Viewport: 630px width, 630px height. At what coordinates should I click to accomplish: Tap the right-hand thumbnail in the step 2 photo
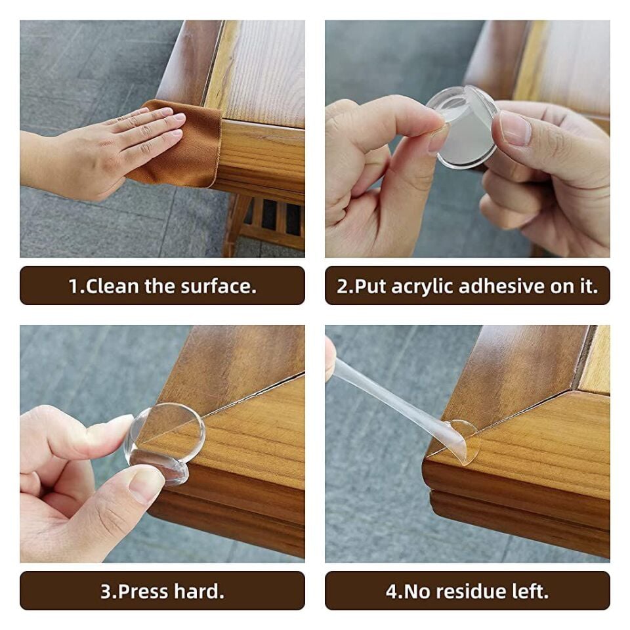pyautogui.click(x=514, y=128)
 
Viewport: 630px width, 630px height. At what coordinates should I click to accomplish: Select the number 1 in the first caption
pyautogui.click(x=73, y=286)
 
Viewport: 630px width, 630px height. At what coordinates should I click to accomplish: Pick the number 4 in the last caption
pyautogui.click(x=391, y=591)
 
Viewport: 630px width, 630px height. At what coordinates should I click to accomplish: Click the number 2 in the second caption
pyautogui.click(x=341, y=286)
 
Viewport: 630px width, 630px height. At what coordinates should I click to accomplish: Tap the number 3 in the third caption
pyautogui.click(x=105, y=591)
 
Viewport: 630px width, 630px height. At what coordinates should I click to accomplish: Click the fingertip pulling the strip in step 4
pyautogui.click(x=329, y=358)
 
